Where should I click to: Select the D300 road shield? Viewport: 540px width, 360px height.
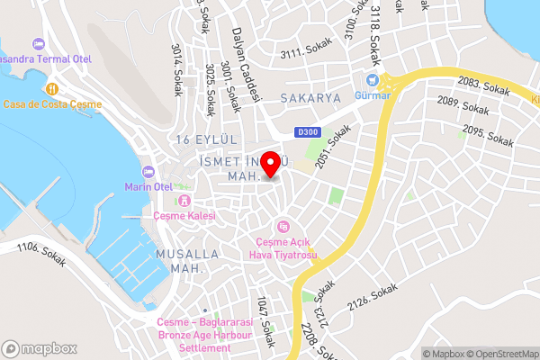click(x=307, y=132)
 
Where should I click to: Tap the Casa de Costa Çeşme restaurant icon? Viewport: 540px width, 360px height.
click(x=51, y=89)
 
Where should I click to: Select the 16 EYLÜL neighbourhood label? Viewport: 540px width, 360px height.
click(x=207, y=139)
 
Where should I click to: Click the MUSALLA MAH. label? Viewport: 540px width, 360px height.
click(x=187, y=261)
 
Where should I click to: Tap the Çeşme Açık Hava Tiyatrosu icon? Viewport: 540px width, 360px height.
click(x=283, y=226)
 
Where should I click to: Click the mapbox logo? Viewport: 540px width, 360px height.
click(x=39, y=348)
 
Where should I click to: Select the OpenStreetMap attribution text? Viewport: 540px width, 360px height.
click(x=501, y=353)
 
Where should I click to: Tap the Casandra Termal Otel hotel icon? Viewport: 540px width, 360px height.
click(x=38, y=44)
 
